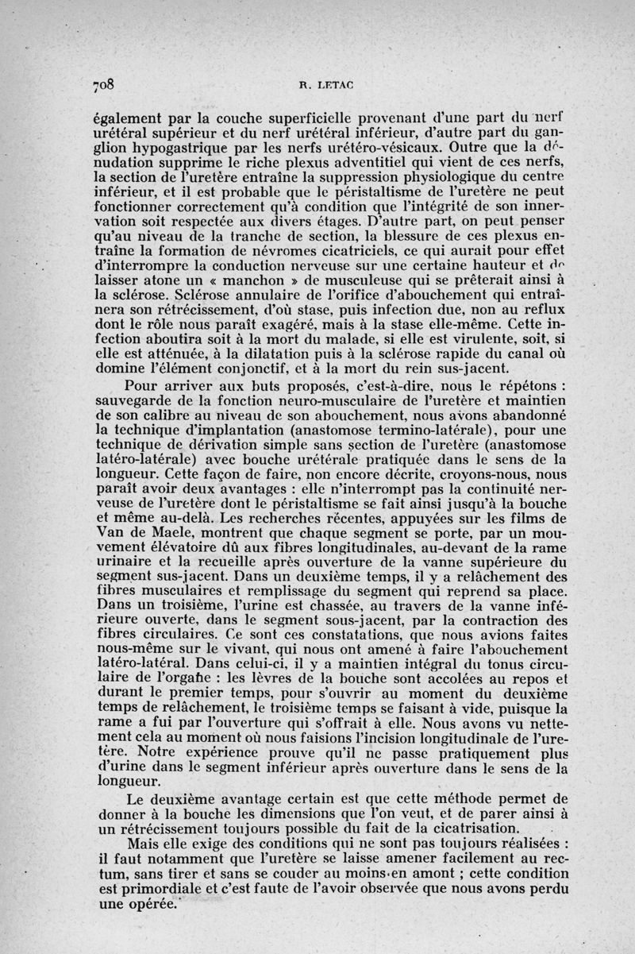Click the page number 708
click(105, 83)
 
